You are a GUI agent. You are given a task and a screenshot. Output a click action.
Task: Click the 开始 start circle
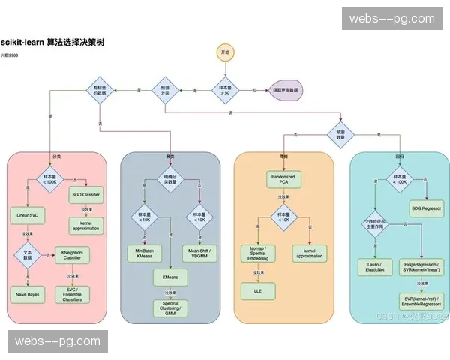225,52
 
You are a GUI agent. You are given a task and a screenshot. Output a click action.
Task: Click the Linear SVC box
28,215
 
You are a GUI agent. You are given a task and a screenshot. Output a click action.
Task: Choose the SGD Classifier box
85,195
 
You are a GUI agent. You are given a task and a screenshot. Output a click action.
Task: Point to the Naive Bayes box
28,295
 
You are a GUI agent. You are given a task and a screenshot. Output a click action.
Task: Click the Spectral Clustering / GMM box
171,307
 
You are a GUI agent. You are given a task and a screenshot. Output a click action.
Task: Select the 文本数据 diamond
28,255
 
